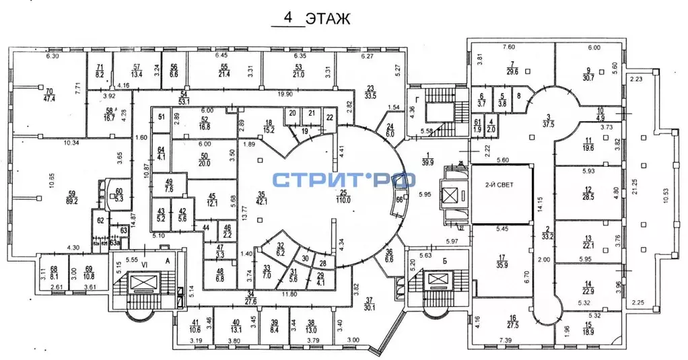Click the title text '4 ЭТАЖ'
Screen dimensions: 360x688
[310, 18]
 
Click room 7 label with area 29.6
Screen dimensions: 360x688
[512, 67]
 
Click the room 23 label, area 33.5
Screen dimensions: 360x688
[370, 91]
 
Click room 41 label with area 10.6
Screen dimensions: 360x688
[195, 326]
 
